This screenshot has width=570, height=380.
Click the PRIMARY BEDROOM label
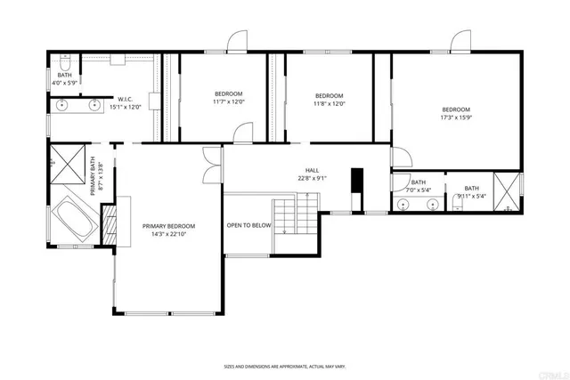coord(168,226)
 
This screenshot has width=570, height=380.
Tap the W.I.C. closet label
coord(126,99)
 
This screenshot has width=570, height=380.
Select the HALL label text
coord(312,171)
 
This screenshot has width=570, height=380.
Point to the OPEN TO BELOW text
coord(248,226)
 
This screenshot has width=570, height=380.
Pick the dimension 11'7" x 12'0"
coord(228,102)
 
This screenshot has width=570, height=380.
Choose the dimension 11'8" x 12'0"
coord(329,103)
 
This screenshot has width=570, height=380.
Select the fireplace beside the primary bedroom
coord(109,225)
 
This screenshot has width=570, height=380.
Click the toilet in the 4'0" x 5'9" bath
coord(64,63)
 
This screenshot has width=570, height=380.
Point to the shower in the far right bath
coord(507,190)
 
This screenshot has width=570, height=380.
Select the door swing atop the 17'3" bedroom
coord(460,42)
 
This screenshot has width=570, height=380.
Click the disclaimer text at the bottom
coord(284,366)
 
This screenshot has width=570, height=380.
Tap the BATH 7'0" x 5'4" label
coord(419,186)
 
